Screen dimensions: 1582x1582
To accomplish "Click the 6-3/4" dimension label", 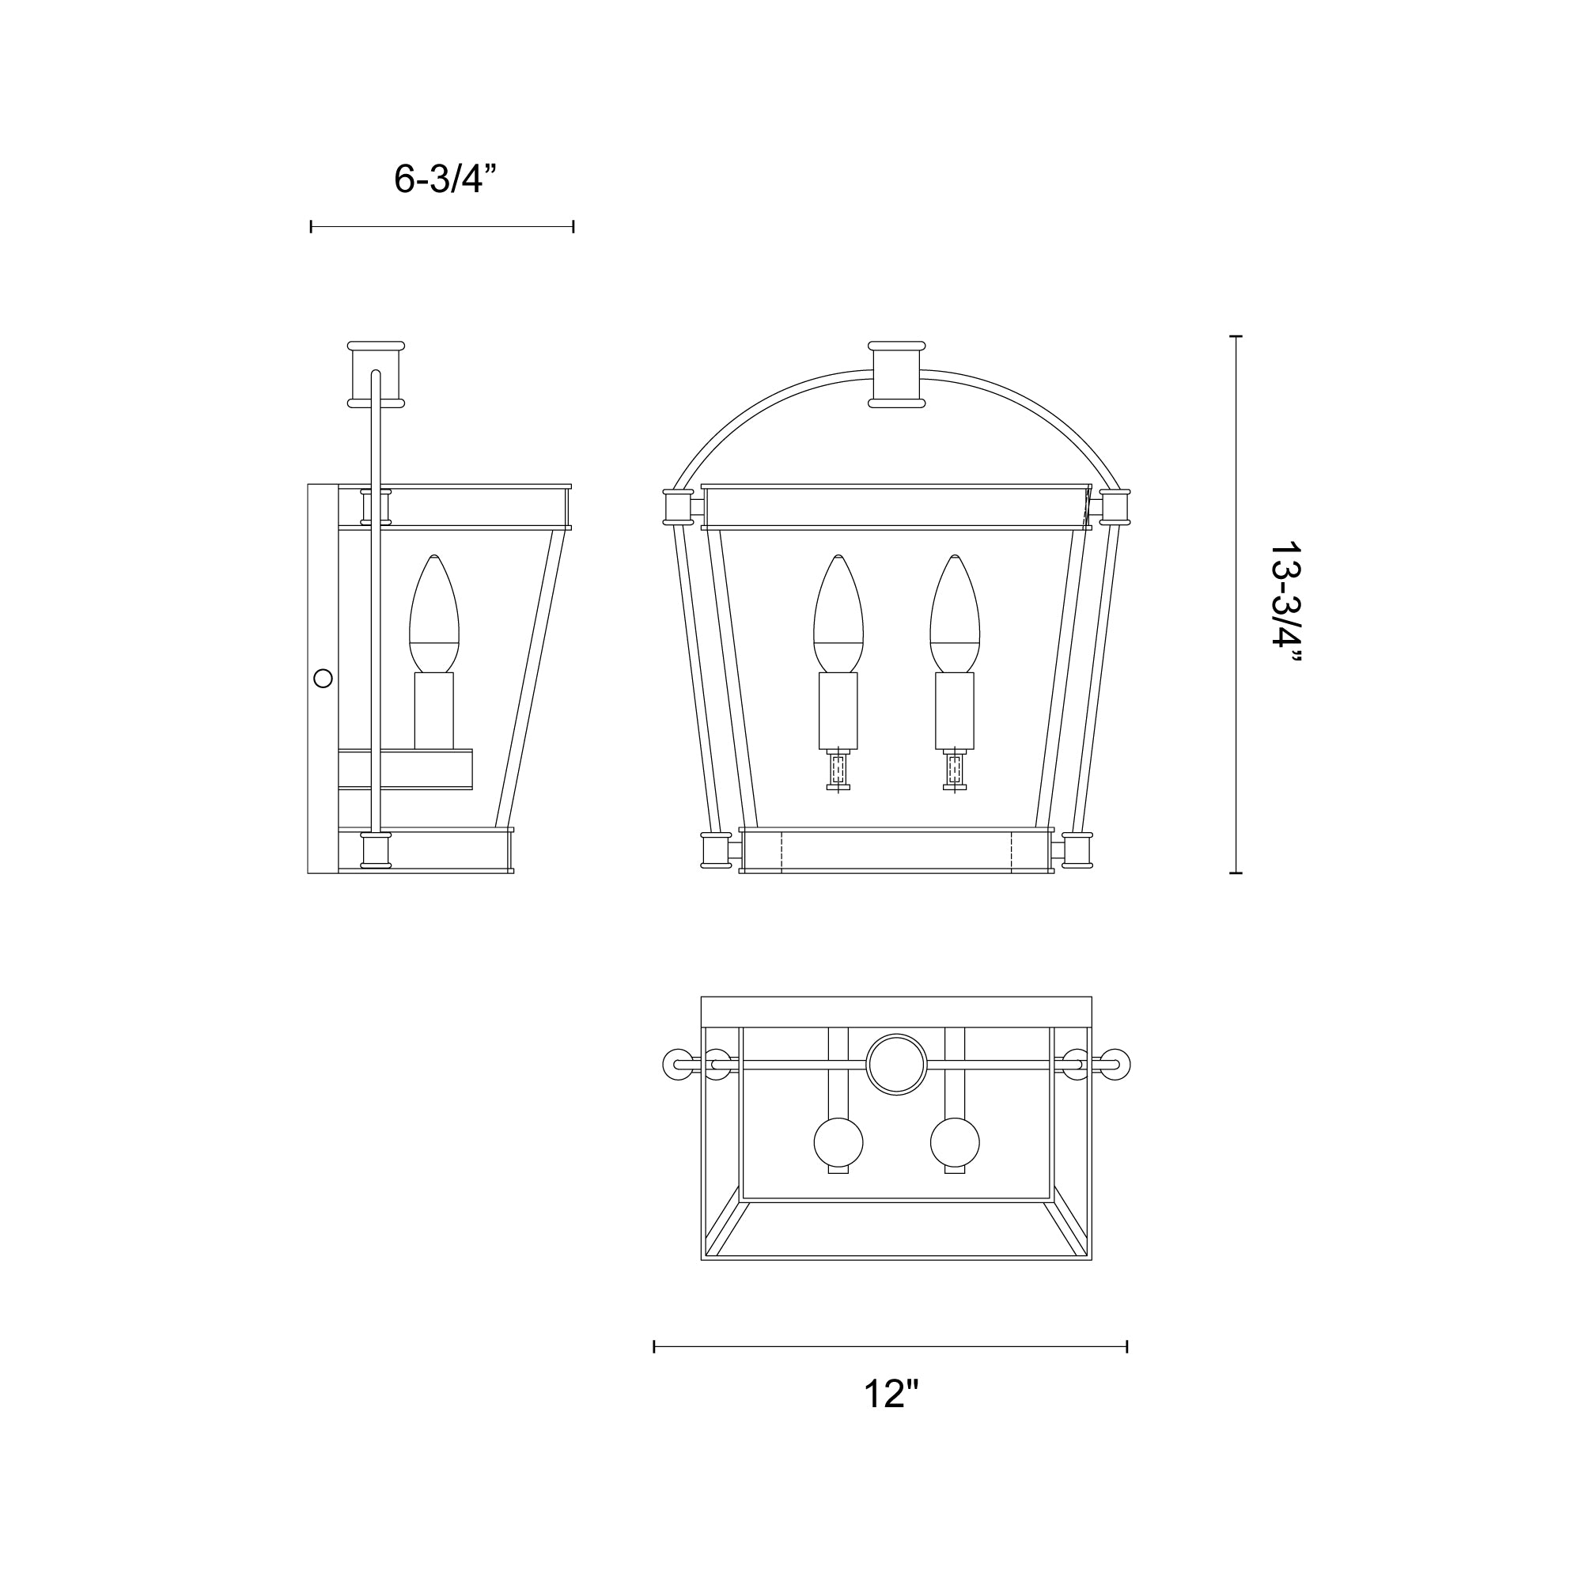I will (x=445, y=180).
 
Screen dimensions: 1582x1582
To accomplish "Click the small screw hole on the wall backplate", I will (x=324, y=678).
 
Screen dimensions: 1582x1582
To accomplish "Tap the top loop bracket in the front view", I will (x=897, y=374).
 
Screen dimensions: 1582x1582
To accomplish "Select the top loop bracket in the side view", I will (x=376, y=374).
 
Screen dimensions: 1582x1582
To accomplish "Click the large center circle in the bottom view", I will (x=897, y=1065).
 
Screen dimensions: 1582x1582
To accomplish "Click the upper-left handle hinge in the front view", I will (x=678, y=507).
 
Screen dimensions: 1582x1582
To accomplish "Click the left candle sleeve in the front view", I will (x=838, y=710).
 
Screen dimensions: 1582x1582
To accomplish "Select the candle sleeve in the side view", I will (x=434, y=710).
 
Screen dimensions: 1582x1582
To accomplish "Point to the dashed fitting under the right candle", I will (x=955, y=770).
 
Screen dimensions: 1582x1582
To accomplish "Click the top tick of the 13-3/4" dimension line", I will (x=1236, y=336).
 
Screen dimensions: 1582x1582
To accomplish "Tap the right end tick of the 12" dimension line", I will (x=1127, y=1346).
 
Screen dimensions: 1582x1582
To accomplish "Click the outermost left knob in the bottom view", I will (x=676, y=1065).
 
